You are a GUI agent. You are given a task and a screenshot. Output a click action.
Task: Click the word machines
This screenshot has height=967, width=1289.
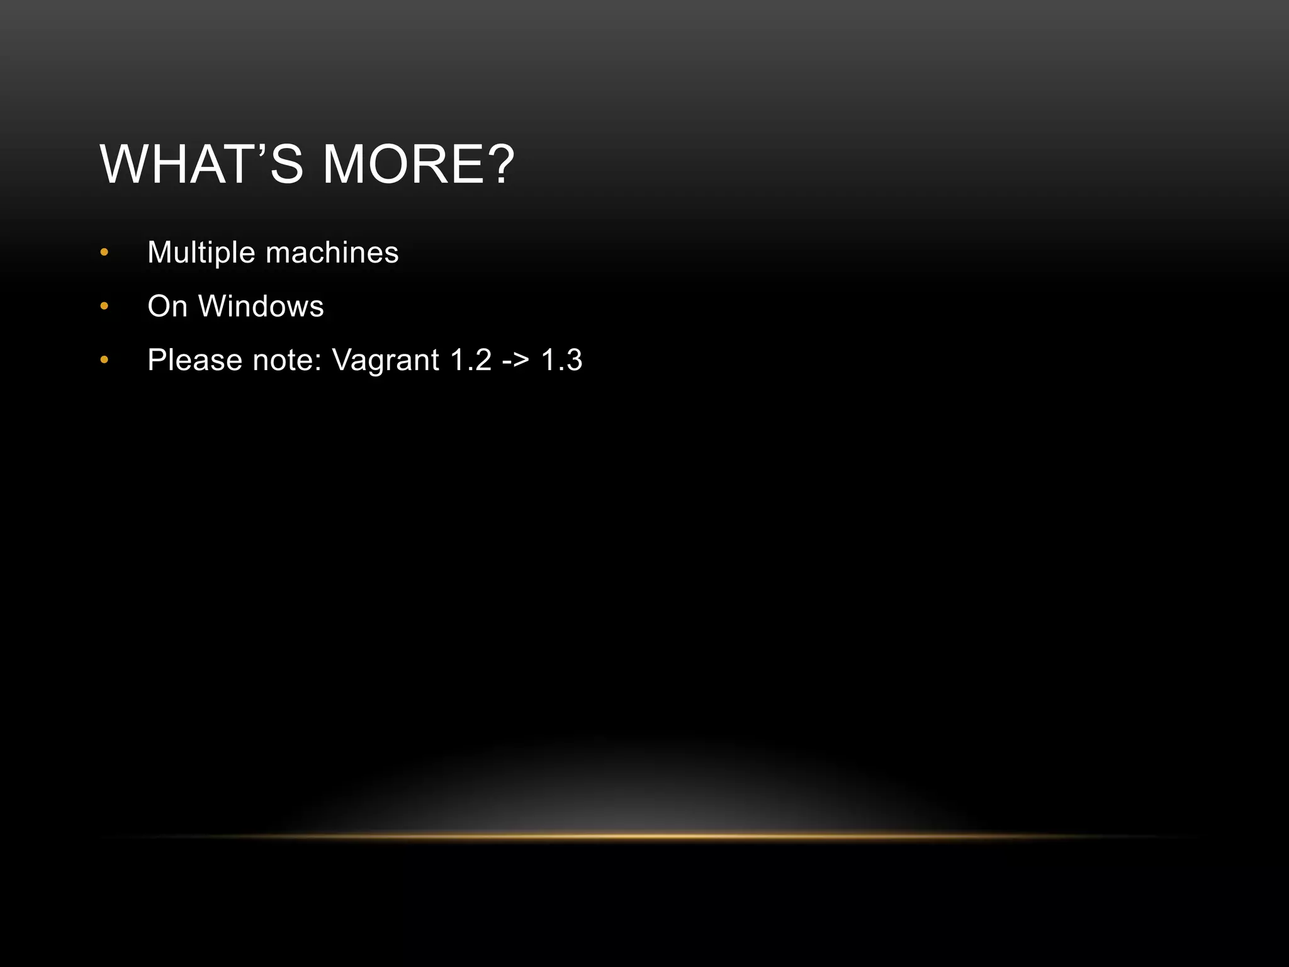pyautogui.click(x=332, y=253)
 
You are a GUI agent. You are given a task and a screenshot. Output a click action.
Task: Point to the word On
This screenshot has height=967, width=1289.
pyautogui.click(x=167, y=307)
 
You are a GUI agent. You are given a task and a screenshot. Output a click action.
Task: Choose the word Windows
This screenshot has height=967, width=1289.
pyautogui.click(x=261, y=307)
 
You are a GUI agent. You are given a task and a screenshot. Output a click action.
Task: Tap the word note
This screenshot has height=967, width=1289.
pyautogui.click(x=286, y=361)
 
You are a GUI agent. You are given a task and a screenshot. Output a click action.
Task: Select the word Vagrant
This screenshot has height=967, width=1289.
pyautogui.click(x=385, y=361)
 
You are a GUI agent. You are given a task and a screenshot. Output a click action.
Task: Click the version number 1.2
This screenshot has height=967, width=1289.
pyautogui.click(x=471, y=361)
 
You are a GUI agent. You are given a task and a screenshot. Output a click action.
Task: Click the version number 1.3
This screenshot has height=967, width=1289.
pyautogui.click(x=561, y=361)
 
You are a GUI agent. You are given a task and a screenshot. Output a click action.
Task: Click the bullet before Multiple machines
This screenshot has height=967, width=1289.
pyautogui.click(x=104, y=253)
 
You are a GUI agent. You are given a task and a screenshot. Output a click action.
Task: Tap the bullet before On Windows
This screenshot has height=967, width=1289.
pyautogui.click(x=104, y=307)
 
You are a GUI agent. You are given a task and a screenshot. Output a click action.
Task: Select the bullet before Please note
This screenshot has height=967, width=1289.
pyautogui.click(x=104, y=361)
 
